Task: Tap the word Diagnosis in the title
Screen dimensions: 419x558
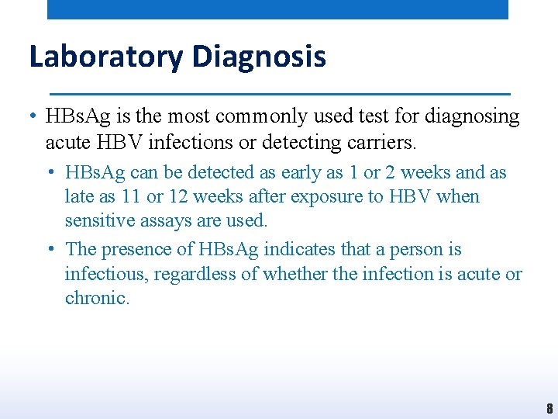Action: coord(259,57)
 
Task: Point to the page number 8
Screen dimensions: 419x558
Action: coord(549,409)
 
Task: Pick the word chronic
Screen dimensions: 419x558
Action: coord(97,299)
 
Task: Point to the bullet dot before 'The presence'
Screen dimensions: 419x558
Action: coord(50,250)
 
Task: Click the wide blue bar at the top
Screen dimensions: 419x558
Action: coord(277,9)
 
